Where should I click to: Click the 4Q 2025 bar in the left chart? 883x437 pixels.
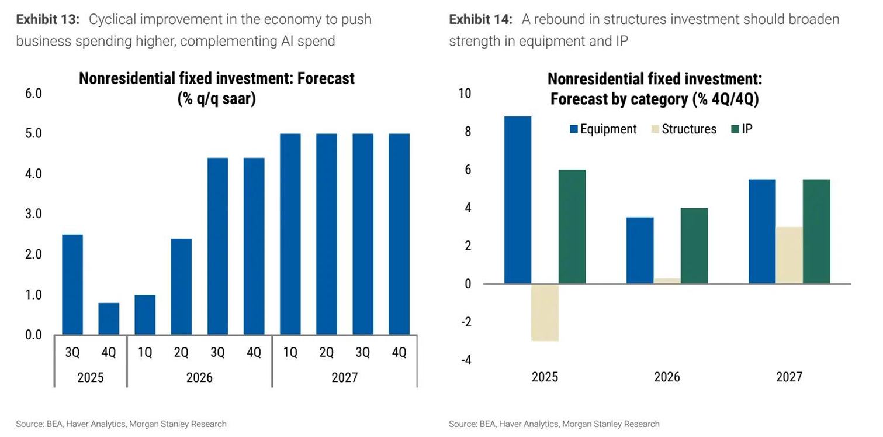[109, 319]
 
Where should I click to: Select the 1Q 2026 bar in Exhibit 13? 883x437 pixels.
[145, 315]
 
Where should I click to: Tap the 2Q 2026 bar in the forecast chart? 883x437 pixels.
[181, 287]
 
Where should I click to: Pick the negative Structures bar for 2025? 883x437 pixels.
[545, 312]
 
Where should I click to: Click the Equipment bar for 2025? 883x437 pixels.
[518, 200]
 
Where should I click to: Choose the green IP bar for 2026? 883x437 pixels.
[694, 246]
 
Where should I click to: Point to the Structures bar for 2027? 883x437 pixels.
[789, 255]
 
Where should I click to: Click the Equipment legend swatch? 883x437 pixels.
[574, 129]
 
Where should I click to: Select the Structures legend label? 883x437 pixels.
[689, 129]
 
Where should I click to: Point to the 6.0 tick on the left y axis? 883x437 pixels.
[34, 94]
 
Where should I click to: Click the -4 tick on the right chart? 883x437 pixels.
[466, 360]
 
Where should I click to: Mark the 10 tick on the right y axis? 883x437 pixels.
[465, 94]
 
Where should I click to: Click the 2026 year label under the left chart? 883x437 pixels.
[199, 377]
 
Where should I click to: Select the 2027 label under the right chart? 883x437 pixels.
[789, 377]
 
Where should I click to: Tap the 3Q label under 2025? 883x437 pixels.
[72, 352]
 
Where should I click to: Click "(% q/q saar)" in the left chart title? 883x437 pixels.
[217, 98]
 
